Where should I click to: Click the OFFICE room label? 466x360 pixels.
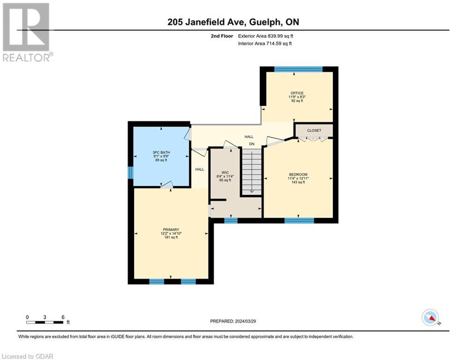[x=297, y=93]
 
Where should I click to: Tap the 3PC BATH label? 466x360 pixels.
[x=161, y=153]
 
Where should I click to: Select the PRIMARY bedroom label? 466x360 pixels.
[x=171, y=230]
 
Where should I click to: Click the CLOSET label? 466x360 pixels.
[x=313, y=130]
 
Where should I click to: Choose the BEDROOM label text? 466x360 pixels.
[x=297, y=174]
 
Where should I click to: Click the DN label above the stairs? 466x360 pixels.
[x=251, y=144]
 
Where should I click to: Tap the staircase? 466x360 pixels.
[x=251, y=171]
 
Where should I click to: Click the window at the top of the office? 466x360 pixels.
[x=298, y=69]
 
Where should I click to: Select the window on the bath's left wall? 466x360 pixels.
[x=131, y=172]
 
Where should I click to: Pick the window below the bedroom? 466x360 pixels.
[x=299, y=220]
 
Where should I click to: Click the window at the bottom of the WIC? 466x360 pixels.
[x=230, y=220]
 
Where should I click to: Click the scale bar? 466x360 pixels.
[x=45, y=322]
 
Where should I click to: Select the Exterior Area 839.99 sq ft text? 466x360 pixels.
[x=266, y=36]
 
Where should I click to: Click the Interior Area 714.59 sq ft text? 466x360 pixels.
[x=265, y=44]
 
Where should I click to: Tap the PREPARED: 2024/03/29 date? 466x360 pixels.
[x=233, y=321]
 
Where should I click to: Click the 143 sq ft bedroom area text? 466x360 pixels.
[x=297, y=182]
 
